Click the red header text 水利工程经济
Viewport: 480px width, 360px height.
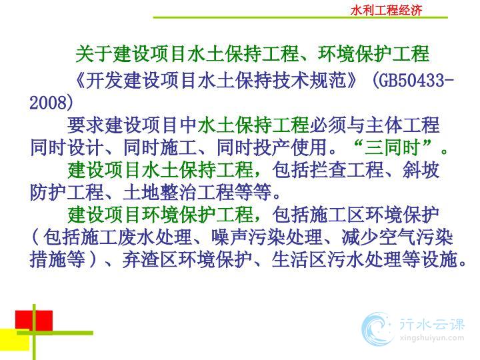(386, 10)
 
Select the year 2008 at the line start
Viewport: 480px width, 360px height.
(48, 103)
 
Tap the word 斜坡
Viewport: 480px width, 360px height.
(421, 170)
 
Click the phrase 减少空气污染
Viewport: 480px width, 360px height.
(397, 237)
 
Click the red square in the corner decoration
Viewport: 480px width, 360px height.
(34, 321)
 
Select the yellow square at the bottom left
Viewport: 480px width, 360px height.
(15, 340)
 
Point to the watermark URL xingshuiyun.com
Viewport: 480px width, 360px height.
(431, 338)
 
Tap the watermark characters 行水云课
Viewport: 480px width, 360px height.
(432, 324)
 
